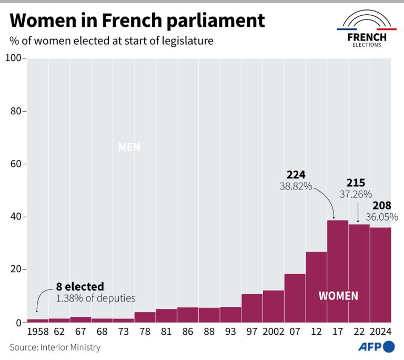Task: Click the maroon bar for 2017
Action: tap(338, 271)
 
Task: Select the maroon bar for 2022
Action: tap(359, 273)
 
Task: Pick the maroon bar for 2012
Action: tap(316, 287)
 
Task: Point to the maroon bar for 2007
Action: tap(295, 298)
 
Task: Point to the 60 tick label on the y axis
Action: tap(15, 164)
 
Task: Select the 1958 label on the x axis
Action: tap(38, 333)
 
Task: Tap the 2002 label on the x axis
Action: tap(273, 333)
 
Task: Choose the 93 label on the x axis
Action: tap(230, 333)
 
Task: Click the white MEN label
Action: tap(129, 147)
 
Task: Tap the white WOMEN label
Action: tap(338, 296)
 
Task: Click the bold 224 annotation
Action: tap(296, 175)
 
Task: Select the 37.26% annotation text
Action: tap(356, 195)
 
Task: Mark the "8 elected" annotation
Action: tap(79, 287)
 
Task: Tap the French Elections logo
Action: tap(367, 32)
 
